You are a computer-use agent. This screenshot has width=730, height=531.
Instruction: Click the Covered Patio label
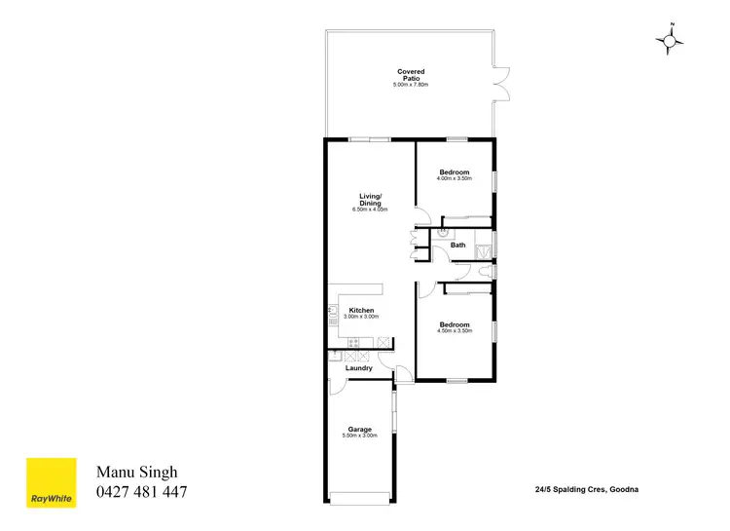[x=411, y=71]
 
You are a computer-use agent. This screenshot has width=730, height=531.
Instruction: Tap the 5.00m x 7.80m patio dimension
[x=411, y=85]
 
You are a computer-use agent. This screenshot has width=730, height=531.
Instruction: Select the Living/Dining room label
[x=370, y=199]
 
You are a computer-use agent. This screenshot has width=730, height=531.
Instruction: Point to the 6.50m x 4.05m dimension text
[x=370, y=209]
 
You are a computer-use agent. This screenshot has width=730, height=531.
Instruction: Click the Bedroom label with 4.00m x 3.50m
[x=455, y=172]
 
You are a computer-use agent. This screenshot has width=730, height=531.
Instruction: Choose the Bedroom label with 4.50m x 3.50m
[x=455, y=324]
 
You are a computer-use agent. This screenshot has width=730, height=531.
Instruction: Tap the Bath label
[x=457, y=245]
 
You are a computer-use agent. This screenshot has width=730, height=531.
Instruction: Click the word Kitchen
[x=362, y=310]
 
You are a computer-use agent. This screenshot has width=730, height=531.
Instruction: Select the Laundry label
[x=359, y=368]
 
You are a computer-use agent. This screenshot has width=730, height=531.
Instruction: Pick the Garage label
[x=360, y=429]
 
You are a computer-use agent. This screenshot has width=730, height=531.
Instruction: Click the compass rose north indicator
[x=671, y=38]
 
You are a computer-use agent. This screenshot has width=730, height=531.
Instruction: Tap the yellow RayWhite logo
[x=51, y=482]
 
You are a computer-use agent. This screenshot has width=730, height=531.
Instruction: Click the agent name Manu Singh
[x=136, y=473]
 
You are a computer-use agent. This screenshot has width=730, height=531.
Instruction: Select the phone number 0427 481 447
[x=141, y=492]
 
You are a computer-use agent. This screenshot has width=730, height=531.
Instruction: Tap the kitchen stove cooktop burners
[x=353, y=342]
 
